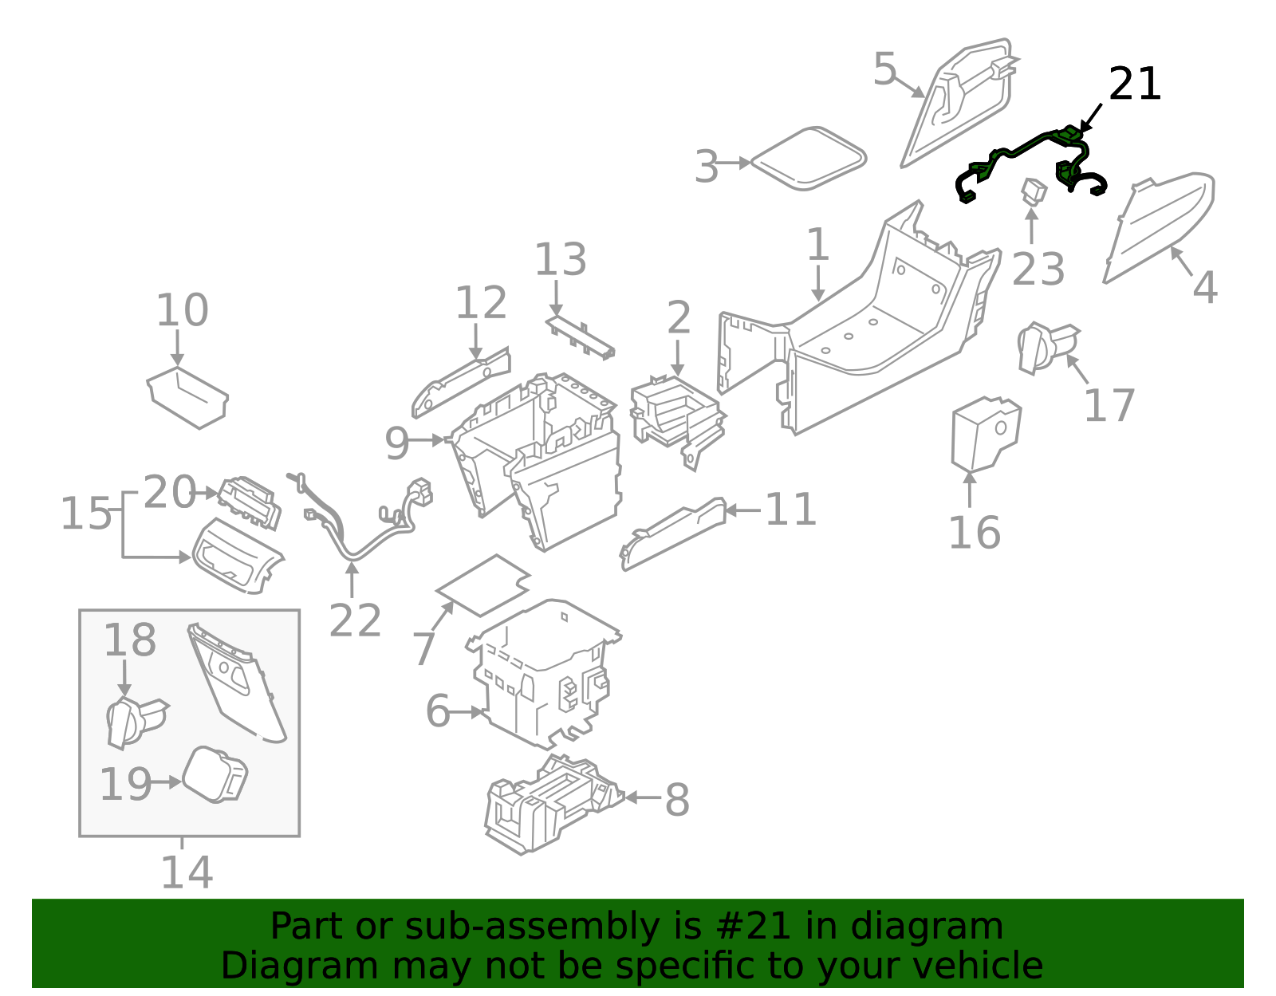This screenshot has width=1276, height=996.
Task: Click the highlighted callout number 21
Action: tap(1134, 85)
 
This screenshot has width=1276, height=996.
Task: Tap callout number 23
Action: tap(1038, 269)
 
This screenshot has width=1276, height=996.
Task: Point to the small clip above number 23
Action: tap(1034, 191)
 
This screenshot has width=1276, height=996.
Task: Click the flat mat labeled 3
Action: tap(809, 159)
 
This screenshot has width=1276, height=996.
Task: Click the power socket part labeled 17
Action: tap(1046, 347)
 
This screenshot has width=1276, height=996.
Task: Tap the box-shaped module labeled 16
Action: tap(984, 434)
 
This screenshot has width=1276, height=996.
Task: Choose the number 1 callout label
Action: tap(818, 245)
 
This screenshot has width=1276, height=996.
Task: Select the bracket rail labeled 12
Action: tap(461, 382)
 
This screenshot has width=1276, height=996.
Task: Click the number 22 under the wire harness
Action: tap(355, 620)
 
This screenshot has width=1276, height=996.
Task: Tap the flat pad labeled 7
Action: tap(483, 585)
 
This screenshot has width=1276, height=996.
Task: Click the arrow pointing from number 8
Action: tap(643, 797)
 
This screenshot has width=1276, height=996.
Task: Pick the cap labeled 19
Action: tap(215, 774)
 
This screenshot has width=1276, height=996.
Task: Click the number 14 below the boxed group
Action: tap(187, 872)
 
